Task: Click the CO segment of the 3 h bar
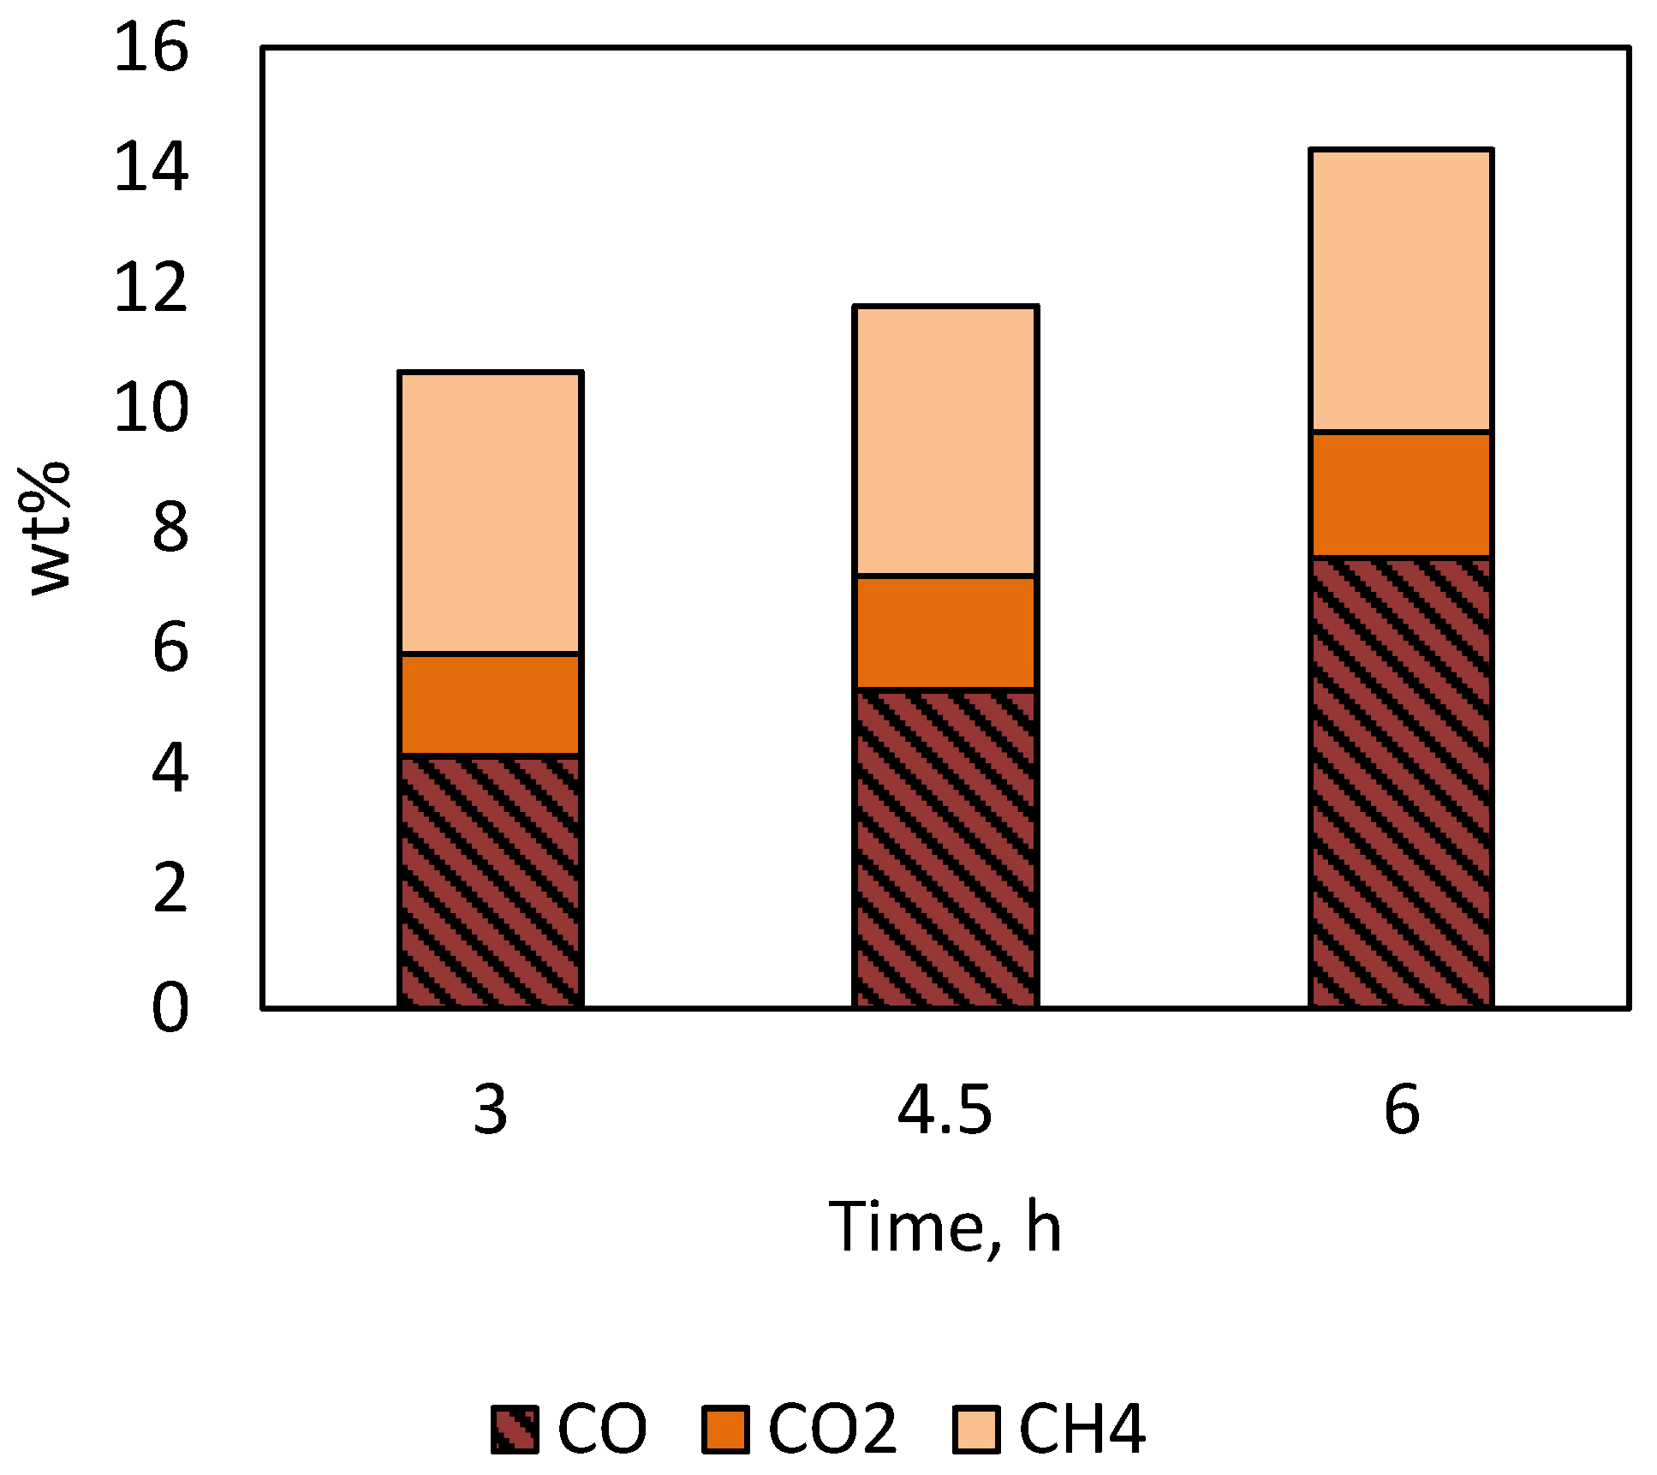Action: [x=491, y=881]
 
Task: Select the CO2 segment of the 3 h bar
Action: [x=491, y=705]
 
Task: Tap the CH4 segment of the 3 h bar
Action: [x=491, y=513]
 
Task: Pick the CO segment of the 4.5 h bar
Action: [x=945, y=848]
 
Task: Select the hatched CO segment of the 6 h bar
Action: [x=1401, y=782]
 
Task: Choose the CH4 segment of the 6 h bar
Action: [x=1401, y=290]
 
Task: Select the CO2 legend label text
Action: [x=831, y=1429]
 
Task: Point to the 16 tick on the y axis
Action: [x=151, y=48]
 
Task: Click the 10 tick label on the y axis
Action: [x=151, y=408]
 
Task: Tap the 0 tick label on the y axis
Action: [x=170, y=1008]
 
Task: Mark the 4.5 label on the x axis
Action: [x=945, y=1111]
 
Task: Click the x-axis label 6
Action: [x=1402, y=1111]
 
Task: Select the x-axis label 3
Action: [x=491, y=1111]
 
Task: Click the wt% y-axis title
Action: [x=50, y=528]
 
